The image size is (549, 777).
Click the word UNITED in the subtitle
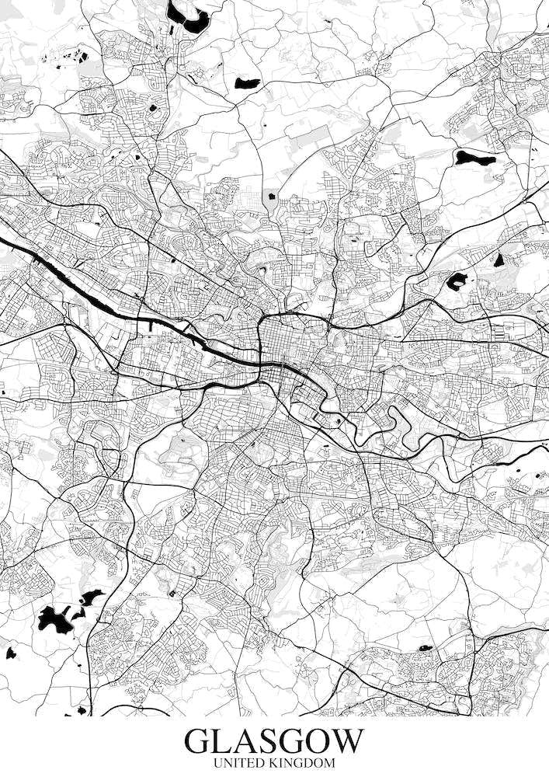(x=238, y=764)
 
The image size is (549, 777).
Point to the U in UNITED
(x=218, y=764)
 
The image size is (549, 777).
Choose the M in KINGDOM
(x=329, y=764)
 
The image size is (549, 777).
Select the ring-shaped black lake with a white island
(x=455, y=281)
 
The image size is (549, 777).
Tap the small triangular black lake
(x=499, y=260)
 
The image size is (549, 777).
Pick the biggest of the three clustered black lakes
(x=54, y=619)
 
